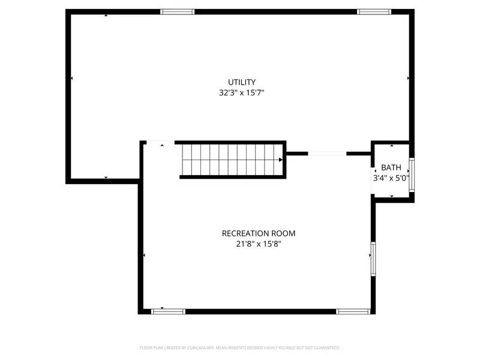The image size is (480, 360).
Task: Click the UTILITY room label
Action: tap(242, 82)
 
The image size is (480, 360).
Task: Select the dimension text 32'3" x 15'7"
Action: tap(242, 93)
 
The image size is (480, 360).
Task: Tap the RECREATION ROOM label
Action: tap(259, 233)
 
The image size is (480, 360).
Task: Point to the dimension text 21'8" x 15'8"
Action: tap(259, 244)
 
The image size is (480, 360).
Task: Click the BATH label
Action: tap(391, 167)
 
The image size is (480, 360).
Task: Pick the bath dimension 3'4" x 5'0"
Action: tap(391, 178)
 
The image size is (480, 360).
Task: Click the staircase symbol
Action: tap(232, 160)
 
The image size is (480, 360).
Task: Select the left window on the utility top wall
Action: tap(178, 11)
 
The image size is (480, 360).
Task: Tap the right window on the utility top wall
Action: tap(374, 11)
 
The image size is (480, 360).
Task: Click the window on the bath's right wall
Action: tap(412, 175)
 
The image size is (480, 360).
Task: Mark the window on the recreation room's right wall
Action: tap(373, 259)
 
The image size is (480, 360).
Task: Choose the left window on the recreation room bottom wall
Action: tap(168, 311)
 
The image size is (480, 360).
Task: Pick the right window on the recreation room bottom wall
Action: tap(353, 311)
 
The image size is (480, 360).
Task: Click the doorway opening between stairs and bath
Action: tap(327, 154)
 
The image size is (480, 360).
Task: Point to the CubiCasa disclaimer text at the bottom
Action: tap(240, 347)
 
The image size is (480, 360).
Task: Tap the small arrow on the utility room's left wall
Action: tap(72, 78)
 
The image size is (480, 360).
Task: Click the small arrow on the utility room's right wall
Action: tap(409, 78)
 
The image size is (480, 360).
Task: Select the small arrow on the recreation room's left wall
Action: tap(144, 256)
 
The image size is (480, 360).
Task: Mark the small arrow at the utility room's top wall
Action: tap(106, 15)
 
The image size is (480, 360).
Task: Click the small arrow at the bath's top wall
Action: tap(392, 145)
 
